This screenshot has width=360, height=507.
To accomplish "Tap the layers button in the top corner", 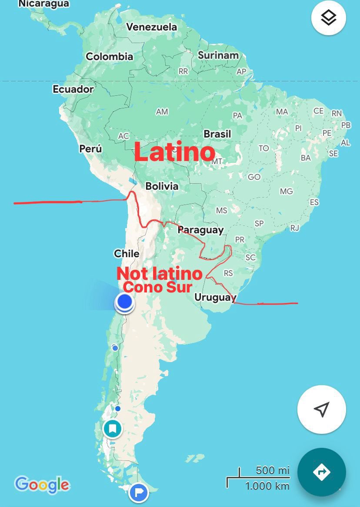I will [329, 18].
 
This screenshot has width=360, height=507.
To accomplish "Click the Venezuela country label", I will [152, 27].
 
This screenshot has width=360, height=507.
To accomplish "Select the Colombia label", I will [109, 57].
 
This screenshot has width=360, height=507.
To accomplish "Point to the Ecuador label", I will [73, 89].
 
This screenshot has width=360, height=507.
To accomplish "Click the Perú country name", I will [90, 149].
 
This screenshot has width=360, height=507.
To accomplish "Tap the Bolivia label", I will [162, 186].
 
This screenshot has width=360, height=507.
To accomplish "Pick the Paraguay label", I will [200, 230].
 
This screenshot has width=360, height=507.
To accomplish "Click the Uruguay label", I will [215, 298].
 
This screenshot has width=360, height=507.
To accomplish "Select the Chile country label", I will [127, 253].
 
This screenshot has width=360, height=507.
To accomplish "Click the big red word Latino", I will [174, 152].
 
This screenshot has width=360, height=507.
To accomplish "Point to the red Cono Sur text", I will [157, 287].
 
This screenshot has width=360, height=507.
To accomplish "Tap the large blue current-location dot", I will [125, 301].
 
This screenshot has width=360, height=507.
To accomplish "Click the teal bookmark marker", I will [113, 429].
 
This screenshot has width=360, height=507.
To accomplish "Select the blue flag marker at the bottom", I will [139, 493].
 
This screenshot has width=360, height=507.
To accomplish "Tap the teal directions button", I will [321, 472].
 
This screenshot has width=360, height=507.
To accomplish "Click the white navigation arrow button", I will [321, 410].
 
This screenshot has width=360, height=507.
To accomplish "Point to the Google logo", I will [42, 484].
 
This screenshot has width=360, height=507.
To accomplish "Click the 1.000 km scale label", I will [267, 486].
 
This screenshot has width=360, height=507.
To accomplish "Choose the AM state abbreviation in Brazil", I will [162, 112].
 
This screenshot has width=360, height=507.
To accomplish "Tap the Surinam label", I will [218, 55].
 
